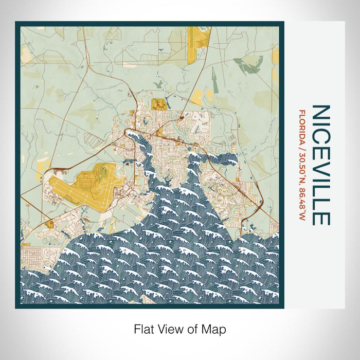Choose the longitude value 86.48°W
[x=302, y=203]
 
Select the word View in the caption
[x=168, y=329]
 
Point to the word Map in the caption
[x=215, y=329]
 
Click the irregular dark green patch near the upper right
[x=248, y=65]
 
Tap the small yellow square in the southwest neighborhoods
[x=50, y=224]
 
